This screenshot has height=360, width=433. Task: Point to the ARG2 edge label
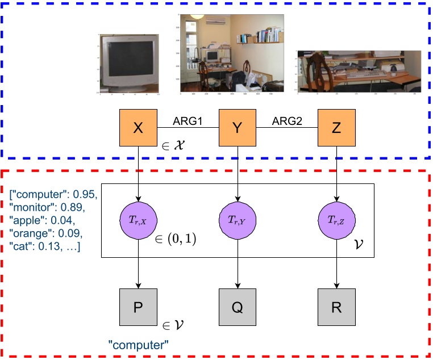pos(288,121)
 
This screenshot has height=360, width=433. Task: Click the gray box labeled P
pos(138,307)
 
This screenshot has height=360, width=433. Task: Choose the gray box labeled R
pos(336,307)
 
